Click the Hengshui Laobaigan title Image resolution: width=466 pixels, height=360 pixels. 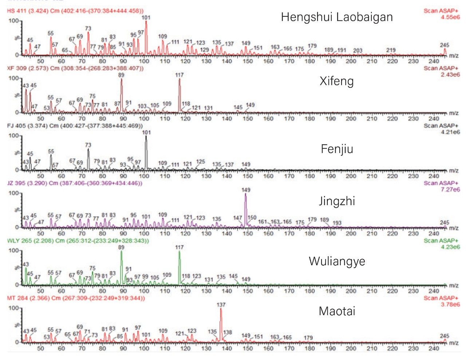[337, 17]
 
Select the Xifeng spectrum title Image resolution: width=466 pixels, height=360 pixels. [337, 81]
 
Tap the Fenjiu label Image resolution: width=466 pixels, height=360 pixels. [337, 149]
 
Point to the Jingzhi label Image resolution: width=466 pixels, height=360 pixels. [337, 201]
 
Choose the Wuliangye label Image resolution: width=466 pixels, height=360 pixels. [337, 261]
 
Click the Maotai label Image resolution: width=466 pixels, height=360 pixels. [337, 311]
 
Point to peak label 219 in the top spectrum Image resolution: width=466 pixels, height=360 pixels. [391, 50]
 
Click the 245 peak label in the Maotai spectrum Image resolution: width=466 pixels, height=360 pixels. [445, 336]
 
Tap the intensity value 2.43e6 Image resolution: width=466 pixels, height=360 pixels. [450, 75]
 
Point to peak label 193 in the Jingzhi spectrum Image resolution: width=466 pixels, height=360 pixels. [337, 223]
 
